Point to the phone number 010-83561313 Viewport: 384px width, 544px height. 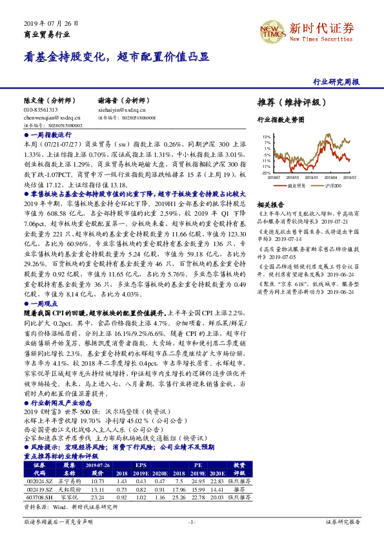[x=41, y=110]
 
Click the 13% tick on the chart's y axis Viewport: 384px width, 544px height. [x=266, y=137]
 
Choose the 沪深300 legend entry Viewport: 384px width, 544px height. [x=332, y=185]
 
